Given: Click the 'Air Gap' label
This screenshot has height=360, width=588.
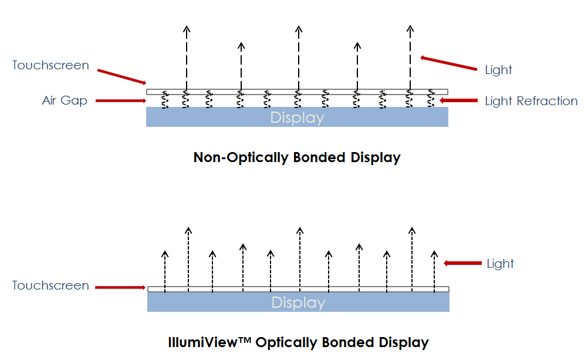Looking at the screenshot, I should (65, 100).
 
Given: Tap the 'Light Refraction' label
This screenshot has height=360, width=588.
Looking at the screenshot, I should (531, 101).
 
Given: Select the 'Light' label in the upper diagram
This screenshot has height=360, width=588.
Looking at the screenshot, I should (498, 70).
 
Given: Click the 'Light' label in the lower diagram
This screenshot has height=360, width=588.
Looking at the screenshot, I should (500, 264).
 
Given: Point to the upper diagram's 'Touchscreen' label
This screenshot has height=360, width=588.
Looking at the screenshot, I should (50, 65).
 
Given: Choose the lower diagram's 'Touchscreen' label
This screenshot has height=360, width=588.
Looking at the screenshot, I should (50, 286).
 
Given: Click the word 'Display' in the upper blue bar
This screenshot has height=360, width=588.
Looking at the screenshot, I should (297, 117).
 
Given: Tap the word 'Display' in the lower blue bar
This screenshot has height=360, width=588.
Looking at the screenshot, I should (298, 303).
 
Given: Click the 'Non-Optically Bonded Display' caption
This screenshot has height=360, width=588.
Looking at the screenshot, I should (297, 157).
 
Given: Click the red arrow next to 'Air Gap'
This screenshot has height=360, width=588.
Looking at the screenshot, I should (120, 100).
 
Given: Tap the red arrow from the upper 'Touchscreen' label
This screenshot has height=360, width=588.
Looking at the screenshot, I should (121, 76).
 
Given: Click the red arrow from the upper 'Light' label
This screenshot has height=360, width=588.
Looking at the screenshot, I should (449, 63).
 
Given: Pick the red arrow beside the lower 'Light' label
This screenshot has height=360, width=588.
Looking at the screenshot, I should (462, 264).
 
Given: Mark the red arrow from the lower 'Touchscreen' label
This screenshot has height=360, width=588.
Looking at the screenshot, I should (120, 288).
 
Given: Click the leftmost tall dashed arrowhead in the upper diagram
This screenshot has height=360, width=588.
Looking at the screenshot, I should (186, 29).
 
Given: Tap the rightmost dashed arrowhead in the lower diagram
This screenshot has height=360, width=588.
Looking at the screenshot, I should (434, 254).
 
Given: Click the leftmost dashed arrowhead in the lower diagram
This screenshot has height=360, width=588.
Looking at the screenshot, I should (165, 254).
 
